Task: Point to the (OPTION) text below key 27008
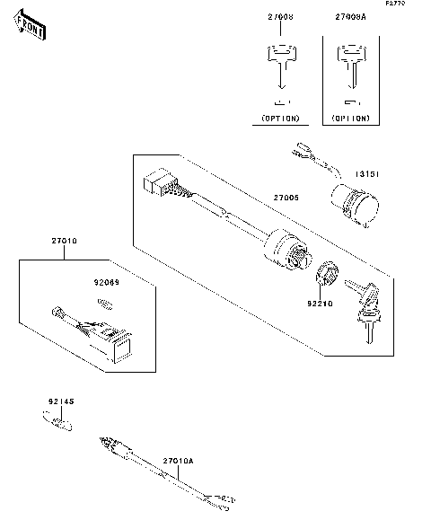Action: [x=280, y=118]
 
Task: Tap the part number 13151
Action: [x=366, y=174]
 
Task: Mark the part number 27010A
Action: [x=178, y=461]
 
